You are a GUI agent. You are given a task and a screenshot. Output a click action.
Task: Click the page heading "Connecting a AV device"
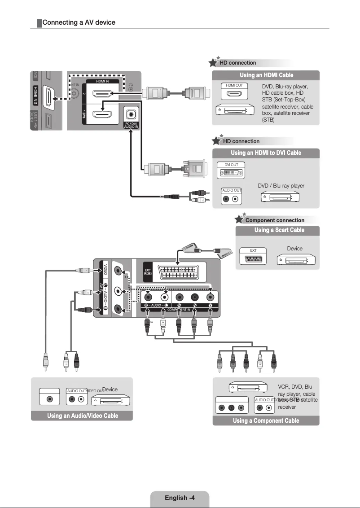click(79, 22)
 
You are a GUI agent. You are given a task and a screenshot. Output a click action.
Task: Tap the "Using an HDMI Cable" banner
click(266, 75)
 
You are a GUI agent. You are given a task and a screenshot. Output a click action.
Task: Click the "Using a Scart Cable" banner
click(279, 230)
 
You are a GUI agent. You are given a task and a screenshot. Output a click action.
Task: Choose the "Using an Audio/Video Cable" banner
click(83, 416)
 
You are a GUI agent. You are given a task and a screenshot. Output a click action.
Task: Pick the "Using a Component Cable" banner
click(266, 420)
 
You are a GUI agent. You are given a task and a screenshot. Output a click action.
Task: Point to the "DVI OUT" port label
click(231, 165)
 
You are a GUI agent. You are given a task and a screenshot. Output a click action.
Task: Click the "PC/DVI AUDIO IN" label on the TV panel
click(131, 125)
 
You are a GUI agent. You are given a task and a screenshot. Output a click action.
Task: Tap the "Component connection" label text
click(275, 220)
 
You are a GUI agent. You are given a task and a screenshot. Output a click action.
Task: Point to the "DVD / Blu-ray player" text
click(281, 186)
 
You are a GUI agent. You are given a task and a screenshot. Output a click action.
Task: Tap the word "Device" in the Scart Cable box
click(294, 249)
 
